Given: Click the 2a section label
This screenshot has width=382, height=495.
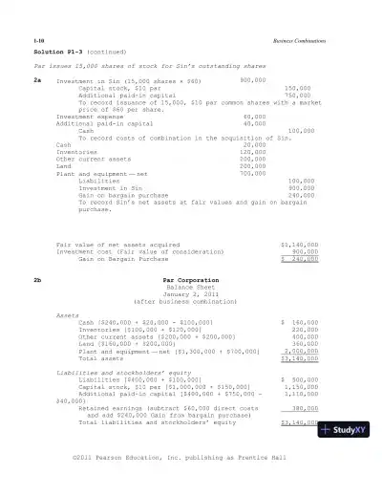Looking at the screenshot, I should pyautogui.click(x=37, y=81).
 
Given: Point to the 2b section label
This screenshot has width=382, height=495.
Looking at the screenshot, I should pyautogui.click(x=37, y=280).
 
